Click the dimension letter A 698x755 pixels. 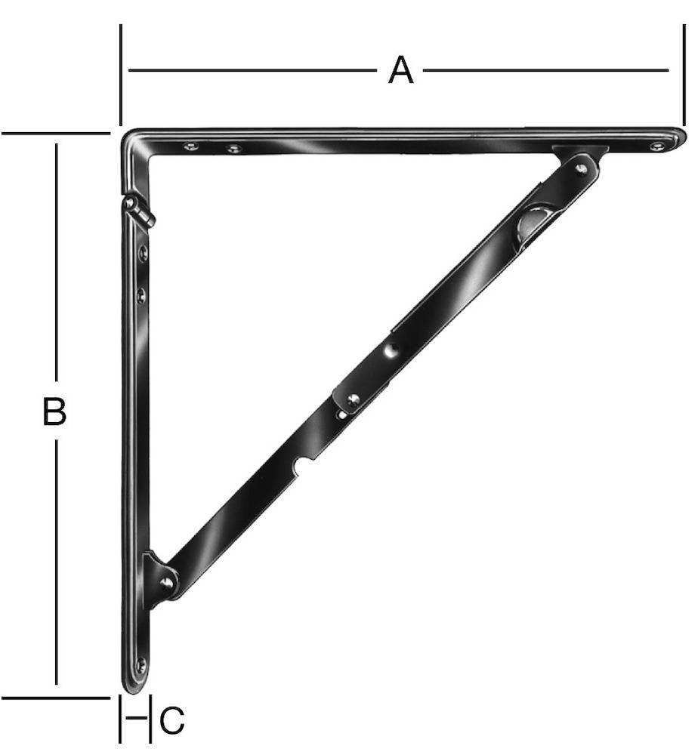coord(401,71)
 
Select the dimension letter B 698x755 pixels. coord(54,413)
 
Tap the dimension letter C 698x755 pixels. coord(171,721)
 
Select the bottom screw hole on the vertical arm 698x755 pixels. coord(140,665)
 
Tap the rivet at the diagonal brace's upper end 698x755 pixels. coord(581,168)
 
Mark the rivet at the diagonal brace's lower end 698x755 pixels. coord(165,581)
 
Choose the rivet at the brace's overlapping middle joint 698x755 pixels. coord(353,399)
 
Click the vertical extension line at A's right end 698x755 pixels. coord(683,75)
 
